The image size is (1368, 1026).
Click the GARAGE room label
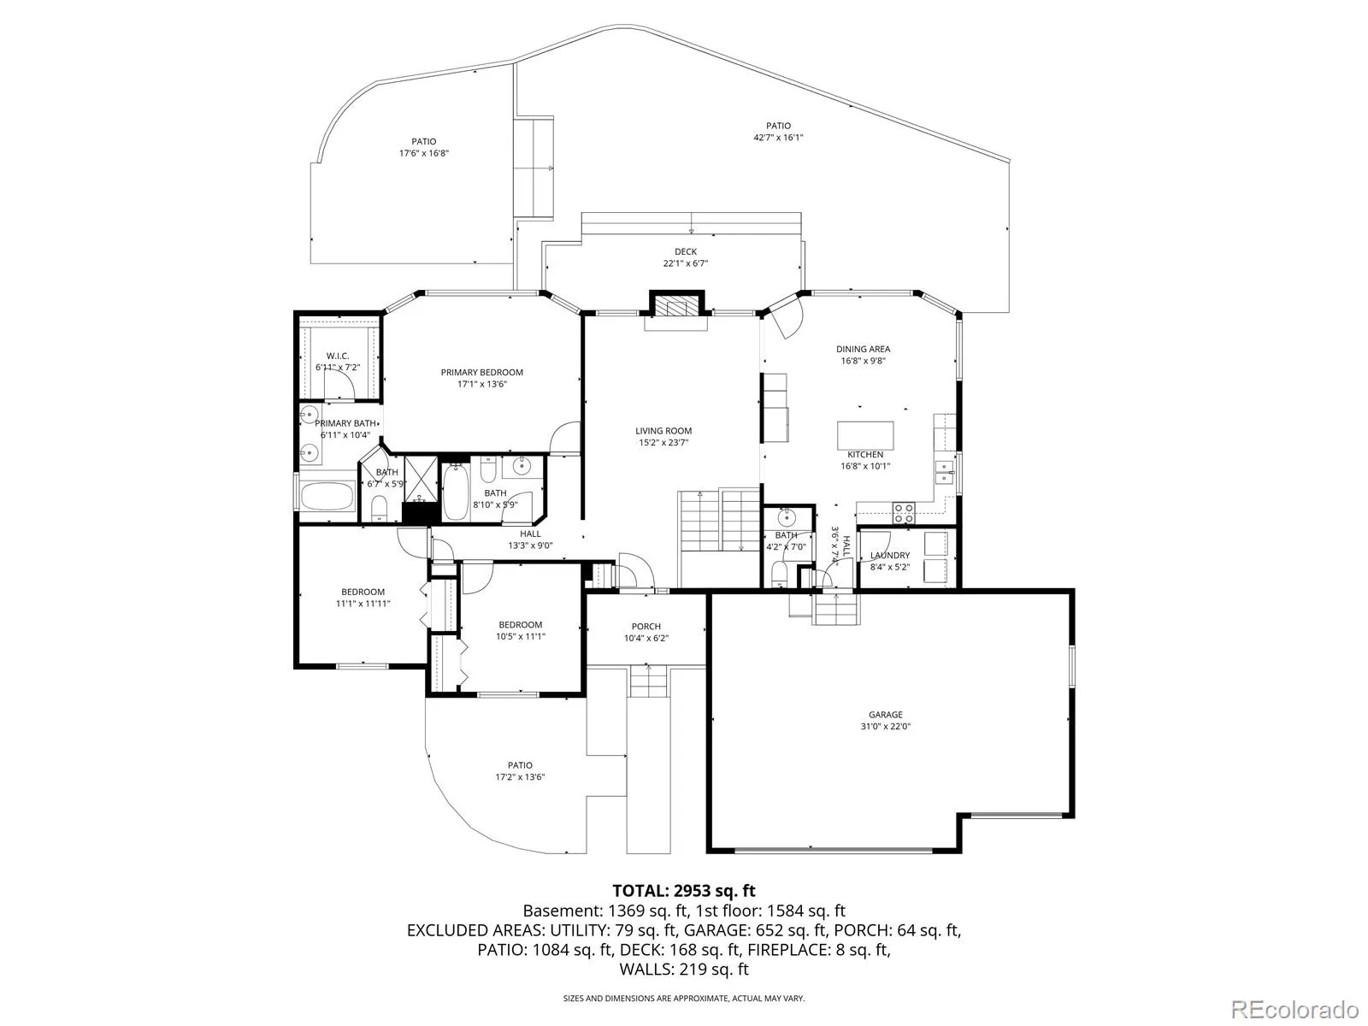tap(885, 715)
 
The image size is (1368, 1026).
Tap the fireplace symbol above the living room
tap(676, 307)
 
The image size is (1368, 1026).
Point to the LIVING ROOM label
tap(663, 430)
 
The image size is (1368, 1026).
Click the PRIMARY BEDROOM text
tap(481, 373)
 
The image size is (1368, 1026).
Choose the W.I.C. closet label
tap(338, 357)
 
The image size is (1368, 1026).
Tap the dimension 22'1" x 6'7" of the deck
tap(686, 263)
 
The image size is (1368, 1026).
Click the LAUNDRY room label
tap(890, 555)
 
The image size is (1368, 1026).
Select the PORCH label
tap(646, 626)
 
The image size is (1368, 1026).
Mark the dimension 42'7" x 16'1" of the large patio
tap(778, 138)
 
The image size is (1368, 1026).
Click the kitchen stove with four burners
tap(905, 513)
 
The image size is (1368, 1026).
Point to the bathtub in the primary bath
tap(327, 498)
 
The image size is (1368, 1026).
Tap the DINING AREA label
tap(864, 349)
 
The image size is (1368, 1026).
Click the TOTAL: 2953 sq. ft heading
tap(684, 890)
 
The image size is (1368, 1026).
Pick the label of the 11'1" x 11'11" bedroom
tap(363, 592)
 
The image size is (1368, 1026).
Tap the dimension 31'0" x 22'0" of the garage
tap(885, 727)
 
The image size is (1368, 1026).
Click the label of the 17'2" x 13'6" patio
tap(520, 765)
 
